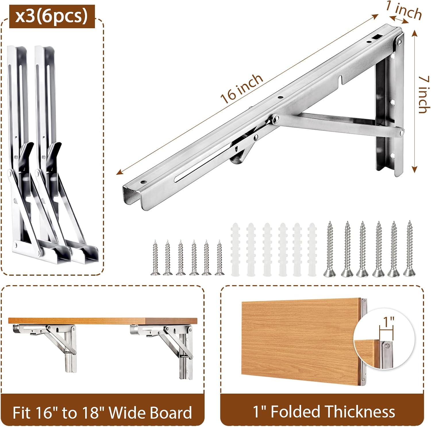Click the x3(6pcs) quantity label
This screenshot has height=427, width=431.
(52, 16)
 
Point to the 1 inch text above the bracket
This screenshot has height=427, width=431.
(404, 10)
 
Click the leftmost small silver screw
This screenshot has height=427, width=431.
(155, 258)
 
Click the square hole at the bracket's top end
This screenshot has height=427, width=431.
(376, 37)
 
